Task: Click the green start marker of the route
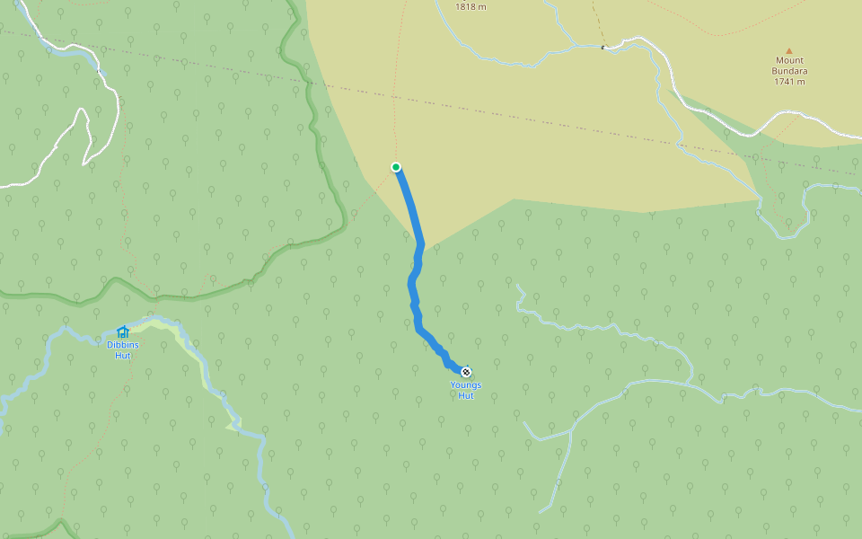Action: (396, 167)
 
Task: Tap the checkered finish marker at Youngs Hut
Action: (466, 371)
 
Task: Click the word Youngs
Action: (466, 385)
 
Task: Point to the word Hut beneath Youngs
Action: (466, 395)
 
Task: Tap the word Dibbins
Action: (123, 345)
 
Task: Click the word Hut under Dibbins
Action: (123, 355)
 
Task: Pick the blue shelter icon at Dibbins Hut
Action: (123, 332)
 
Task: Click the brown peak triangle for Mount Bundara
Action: (789, 51)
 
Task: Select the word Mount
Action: (789, 61)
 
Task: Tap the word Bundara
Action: (789, 71)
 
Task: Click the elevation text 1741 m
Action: (789, 82)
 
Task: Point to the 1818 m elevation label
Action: (471, 6)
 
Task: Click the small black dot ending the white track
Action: (603, 47)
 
